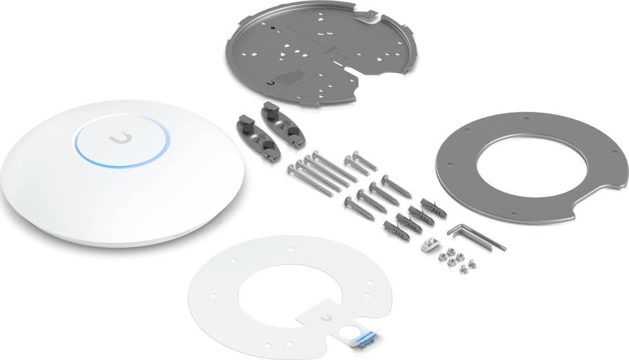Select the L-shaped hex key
[x=474, y=235]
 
